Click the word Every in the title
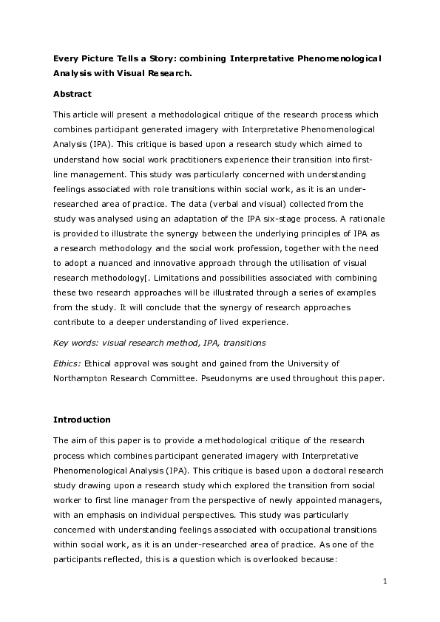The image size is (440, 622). point(66,57)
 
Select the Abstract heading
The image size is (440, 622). point(72,94)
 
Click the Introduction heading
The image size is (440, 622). point(82,420)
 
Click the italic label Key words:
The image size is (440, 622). point(75,343)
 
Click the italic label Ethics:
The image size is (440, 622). point(68,363)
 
